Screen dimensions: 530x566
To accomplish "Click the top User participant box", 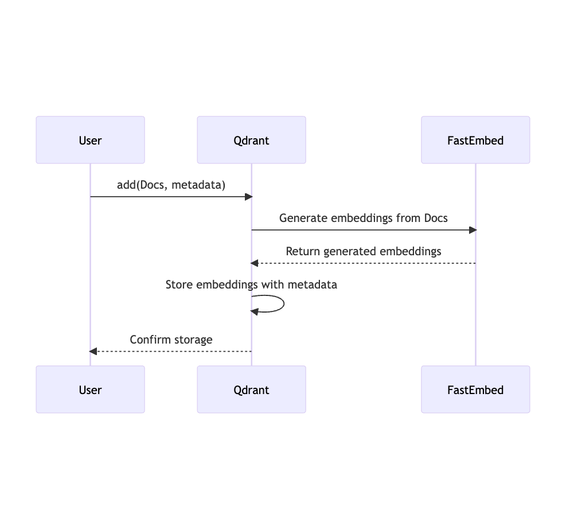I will point(90,140).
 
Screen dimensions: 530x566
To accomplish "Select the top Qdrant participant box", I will point(251,140).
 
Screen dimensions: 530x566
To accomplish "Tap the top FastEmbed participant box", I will point(475,140).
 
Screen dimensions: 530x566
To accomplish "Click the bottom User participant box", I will point(90,389).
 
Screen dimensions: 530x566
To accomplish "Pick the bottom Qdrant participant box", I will point(251,389).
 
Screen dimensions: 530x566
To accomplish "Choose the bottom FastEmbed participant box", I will point(475,389).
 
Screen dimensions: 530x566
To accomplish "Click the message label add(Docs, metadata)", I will point(171,185).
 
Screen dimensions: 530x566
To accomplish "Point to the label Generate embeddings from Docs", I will point(363,218).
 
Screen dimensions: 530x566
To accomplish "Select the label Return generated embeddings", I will point(363,251).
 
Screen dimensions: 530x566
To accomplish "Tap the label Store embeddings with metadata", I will point(251,285).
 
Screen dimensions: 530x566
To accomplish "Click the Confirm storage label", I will point(171,340).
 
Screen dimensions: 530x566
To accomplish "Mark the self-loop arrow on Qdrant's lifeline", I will point(283,303).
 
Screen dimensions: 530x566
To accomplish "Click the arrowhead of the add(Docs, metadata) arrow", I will point(249,197).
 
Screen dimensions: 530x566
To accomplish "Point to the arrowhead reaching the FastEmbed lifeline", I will point(473,230).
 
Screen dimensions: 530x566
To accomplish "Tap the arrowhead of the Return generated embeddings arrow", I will point(255,263).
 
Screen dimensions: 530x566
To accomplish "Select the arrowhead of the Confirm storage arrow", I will point(93,351).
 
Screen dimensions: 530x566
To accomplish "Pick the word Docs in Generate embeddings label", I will point(435,218).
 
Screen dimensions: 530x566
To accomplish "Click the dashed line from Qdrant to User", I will point(172,351).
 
